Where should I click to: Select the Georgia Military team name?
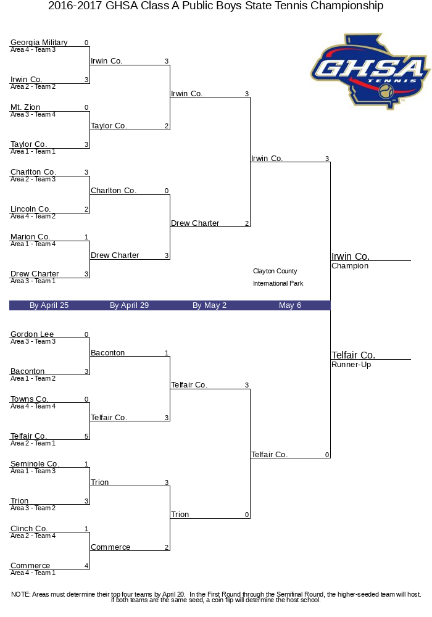click(39, 43)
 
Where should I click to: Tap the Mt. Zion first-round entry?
click(25, 107)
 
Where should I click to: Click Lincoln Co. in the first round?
click(30, 209)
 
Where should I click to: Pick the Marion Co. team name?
click(30, 236)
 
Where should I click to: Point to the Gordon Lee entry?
click(32, 334)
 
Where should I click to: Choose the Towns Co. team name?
click(29, 399)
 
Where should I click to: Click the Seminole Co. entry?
click(35, 463)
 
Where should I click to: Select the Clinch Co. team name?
click(29, 529)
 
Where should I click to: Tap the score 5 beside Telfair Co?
click(86, 436)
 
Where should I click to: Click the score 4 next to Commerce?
click(86, 565)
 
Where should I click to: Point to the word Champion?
click(350, 266)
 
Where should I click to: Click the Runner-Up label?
click(351, 365)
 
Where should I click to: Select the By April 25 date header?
click(49, 305)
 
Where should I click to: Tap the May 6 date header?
click(290, 305)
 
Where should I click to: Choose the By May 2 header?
click(209, 305)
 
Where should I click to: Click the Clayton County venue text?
click(275, 271)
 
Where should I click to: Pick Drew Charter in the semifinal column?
click(195, 223)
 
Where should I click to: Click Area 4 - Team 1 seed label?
click(33, 573)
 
